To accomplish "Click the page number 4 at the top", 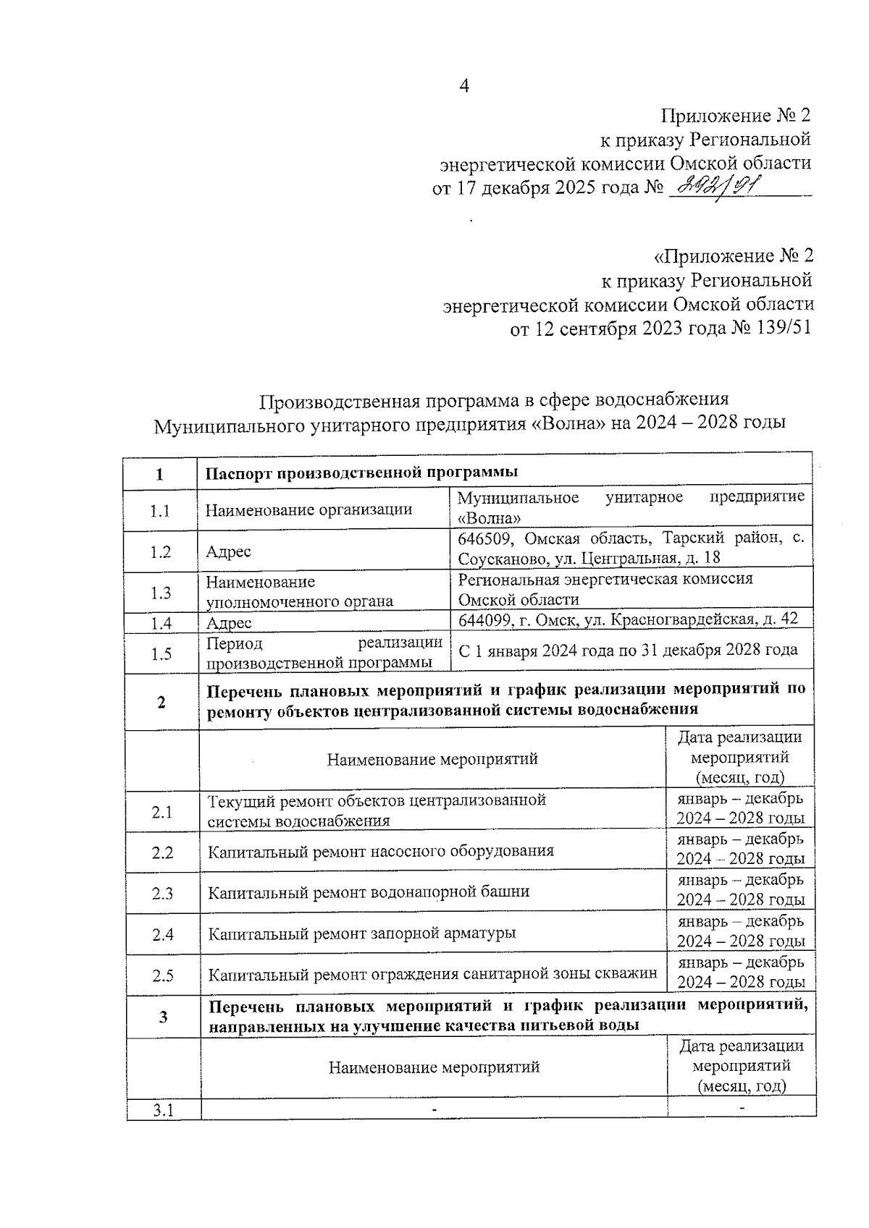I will pyautogui.click(x=464, y=86).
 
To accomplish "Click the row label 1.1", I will pyautogui.click(x=160, y=511).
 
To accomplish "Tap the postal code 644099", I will pyautogui.click(x=485, y=619).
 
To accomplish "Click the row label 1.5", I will pyautogui.click(x=161, y=654).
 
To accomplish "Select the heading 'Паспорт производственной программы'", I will pyautogui.click(x=361, y=473).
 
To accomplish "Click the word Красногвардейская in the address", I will pyautogui.click(x=681, y=619).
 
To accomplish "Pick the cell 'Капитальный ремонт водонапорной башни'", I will pyautogui.click(x=369, y=892).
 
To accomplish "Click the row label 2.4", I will pyautogui.click(x=163, y=934).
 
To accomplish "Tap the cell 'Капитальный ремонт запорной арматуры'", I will pyautogui.click(x=362, y=933).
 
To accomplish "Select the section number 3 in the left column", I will pyautogui.click(x=164, y=1017).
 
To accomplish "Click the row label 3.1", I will pyautogui.click(x=163, y=1110).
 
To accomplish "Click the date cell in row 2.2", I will pyautogui.click(x=740, y=849).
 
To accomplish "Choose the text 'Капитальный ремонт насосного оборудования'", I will pyautogui.click(x=381, y=851).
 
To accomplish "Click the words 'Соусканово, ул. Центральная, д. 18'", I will pyautogui.click(x=588, y=559).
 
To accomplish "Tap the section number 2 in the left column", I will pyautogui.click(x=161, y=701).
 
